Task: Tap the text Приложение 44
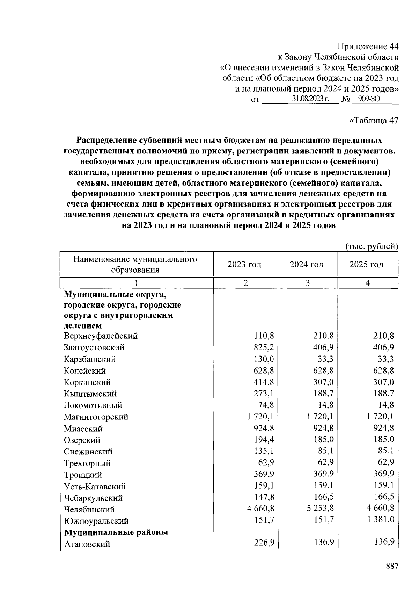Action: click(x=368, y=46)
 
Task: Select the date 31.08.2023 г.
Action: click(x=311, y=99)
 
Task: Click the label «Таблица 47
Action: click(x=373, y=121)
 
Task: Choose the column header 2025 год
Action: click(x=366, y=264)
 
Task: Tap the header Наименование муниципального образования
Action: click(x=135, y=264)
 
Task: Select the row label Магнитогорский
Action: click(x=96, y=417)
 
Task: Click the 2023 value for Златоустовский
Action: click(x=264, y=347)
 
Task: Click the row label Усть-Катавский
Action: click(x=95, y=486)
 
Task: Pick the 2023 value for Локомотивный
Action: click(x=266, y=405)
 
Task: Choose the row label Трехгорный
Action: click(x=87, y=463)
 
